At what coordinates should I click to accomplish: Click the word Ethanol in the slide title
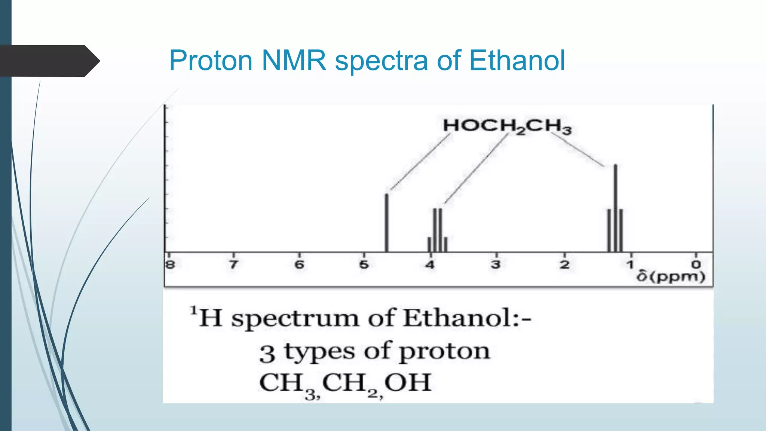pyautogui.click(x=517, y=61)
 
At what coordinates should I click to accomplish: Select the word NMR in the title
pyautogui.click(x=294, y=61)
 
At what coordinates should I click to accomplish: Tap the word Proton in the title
pyautogui.click(x=211, y=61)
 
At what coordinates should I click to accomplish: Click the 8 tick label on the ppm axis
pyautogui.click(x=170, y=265)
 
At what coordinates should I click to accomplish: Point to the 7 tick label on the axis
pyautogui.click(x=233, y=265)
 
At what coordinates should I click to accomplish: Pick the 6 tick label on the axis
pyautogui.click(x=299, y=265)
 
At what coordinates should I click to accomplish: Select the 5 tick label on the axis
pyautogui.click(x=364, y=265)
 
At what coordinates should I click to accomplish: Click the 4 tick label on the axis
pyautogui.click(x=430, y=265)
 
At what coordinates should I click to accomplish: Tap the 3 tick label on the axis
pyautogui.click(x=496, y=265)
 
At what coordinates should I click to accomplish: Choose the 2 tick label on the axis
pyautogui.click(x=564, y=265)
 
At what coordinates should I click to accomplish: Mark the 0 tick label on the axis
pyautogui.click(x=696, y=265)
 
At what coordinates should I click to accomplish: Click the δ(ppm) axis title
pyautogui.click(x=671, y=277)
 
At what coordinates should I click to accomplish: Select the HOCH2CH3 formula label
pyautogui.click(x=507, y=126)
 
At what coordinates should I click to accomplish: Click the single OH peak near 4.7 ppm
pyautogui.click(x=387, y=223)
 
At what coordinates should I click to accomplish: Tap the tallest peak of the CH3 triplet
pyautogui.click(x=616, y=208)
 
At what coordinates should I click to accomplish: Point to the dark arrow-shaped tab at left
pyautogui.click(x=49, y=61)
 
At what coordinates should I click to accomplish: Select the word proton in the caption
pyautogui.click(x=444, y=352)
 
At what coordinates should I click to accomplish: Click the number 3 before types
pyautogui.click(x=267, y=354)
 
